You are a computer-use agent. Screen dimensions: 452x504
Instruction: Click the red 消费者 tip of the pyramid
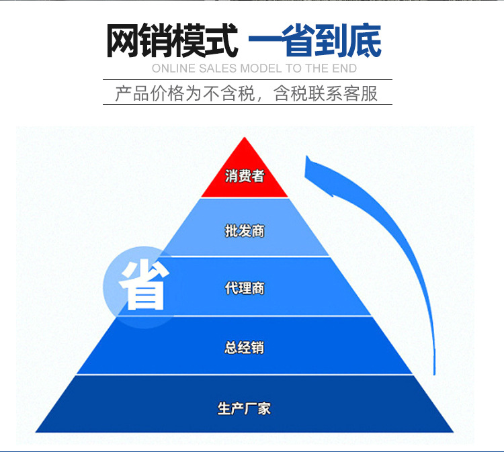[245, 176]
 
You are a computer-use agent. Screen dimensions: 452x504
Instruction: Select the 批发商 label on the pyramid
[245, 231]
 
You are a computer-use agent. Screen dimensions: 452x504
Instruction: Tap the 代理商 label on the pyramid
[245, 288]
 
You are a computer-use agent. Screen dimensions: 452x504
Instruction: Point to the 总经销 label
[245, 348]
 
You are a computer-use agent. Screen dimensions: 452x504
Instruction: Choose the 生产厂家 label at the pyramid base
[245, 407]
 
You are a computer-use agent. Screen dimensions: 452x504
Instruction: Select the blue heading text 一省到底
[315, 42]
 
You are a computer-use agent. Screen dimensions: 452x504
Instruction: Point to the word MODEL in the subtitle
[261, 69]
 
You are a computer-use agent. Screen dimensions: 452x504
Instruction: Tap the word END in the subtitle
[344, 69]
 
